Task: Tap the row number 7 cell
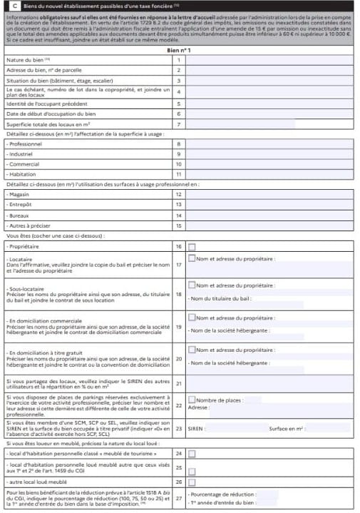point(179,125)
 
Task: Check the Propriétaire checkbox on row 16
point(192,246)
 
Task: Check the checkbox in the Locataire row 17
point(192,259)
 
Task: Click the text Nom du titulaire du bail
point(221,298)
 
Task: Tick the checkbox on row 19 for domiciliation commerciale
point(192,318)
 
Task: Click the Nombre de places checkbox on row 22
point(192,400)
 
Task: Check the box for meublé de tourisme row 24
point(192,453)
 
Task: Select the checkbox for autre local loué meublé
point(192,482)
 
